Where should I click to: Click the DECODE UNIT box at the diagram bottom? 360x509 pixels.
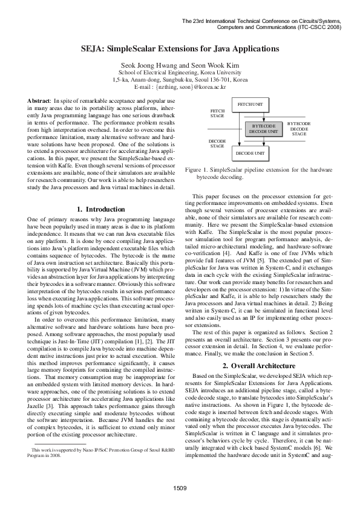[250, 154]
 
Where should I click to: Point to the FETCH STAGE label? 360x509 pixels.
[217, 113]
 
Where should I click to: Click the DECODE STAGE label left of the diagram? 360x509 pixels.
[217, 143]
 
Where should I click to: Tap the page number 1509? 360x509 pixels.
[180, 487]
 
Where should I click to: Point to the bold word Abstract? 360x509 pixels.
[39, 99]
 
